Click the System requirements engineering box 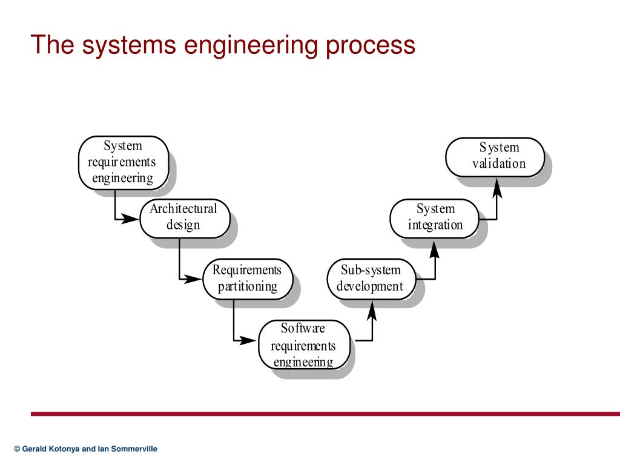(x=123, y=162)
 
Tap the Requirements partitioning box (x=247, y=279)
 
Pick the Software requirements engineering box (x=304, y=345)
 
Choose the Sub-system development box (x=371, y=279)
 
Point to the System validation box (x=495, y=156)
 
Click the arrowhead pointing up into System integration (x=435, y=248)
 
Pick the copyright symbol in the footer (x=17, y=449)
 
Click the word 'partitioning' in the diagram (x=248, y=286)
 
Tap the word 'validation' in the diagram (x=499, y=163)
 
